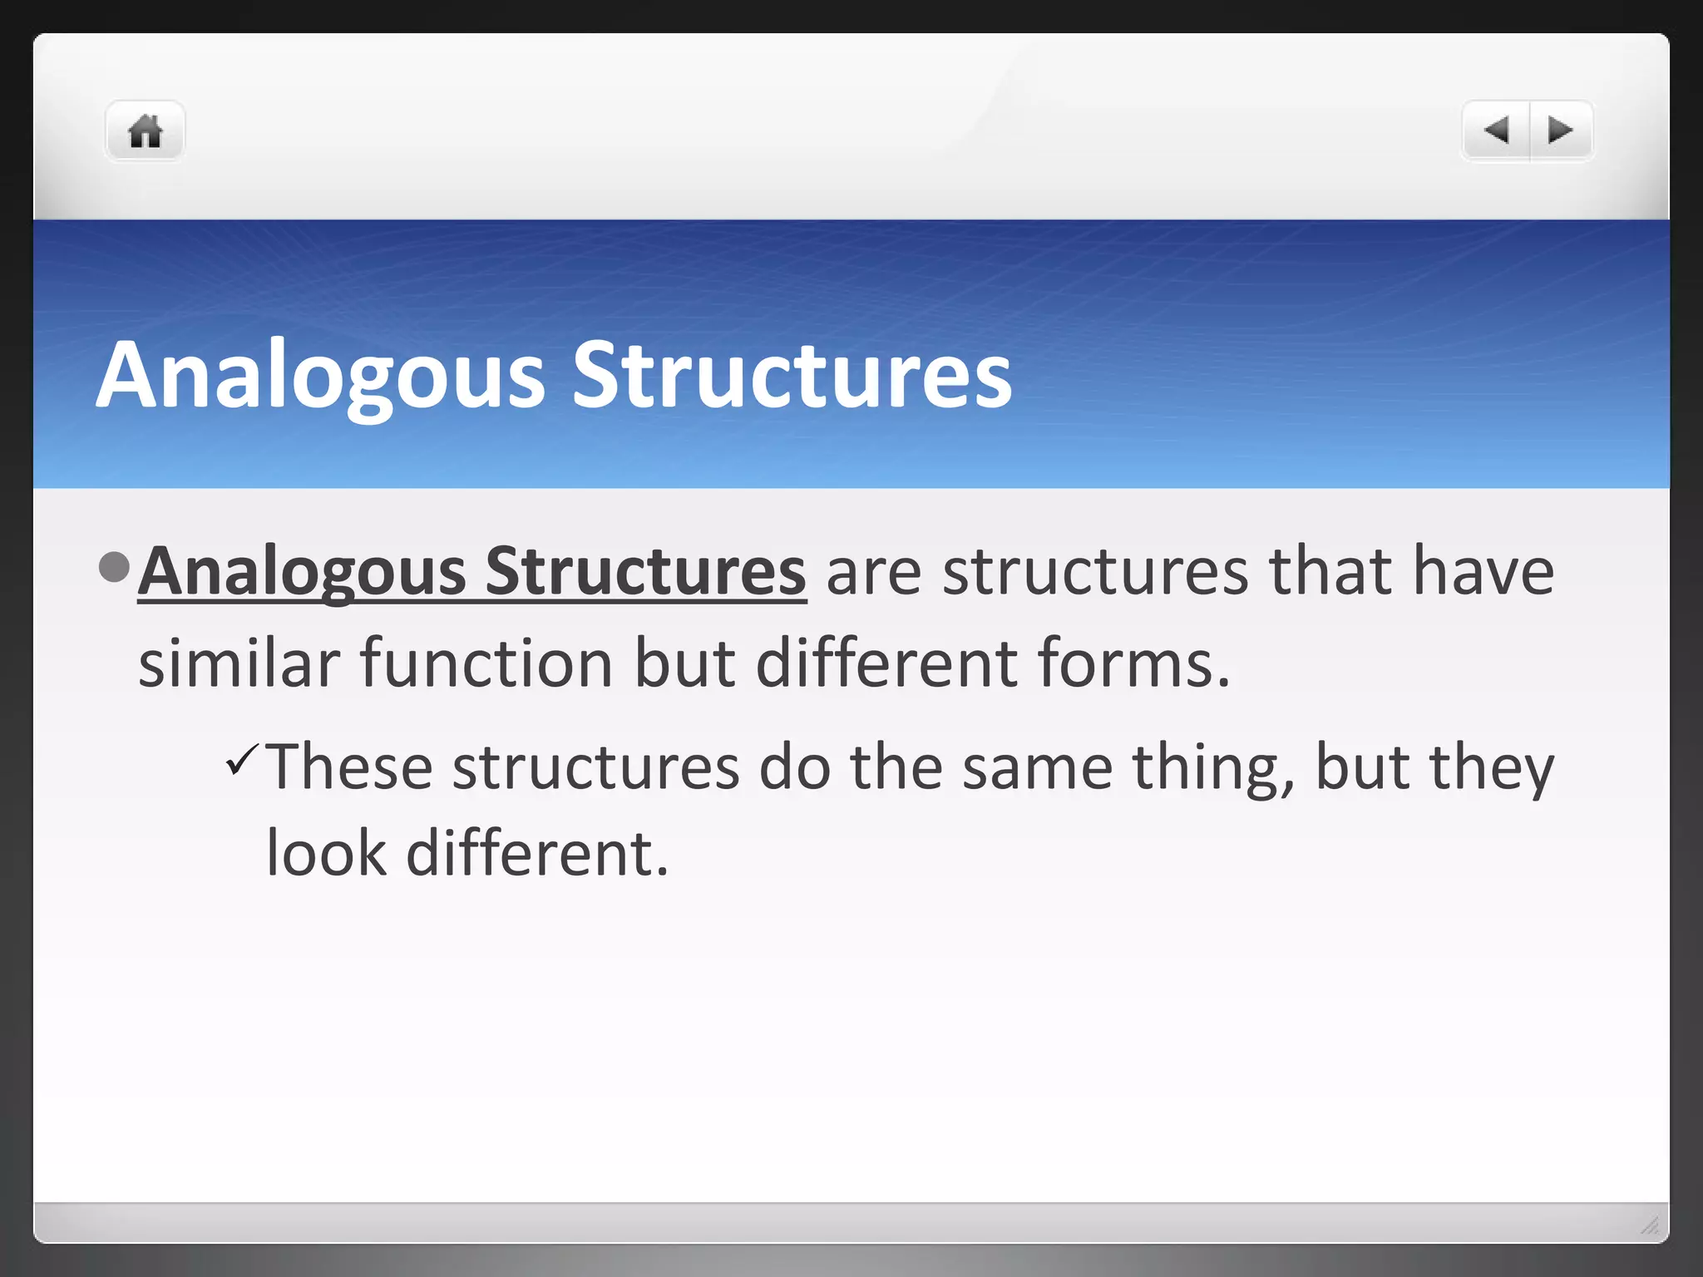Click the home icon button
coord(145,131)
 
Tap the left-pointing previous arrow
coord(1496,131)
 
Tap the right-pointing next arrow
coord(1561,131)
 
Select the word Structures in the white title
coord(792,376)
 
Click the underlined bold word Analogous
coord(302,572)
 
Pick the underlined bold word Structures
coord(645,572)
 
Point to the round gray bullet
coord(114,568)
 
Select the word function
coord(486,663)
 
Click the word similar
coord(239,663)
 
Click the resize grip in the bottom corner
coord(1649,1225)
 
